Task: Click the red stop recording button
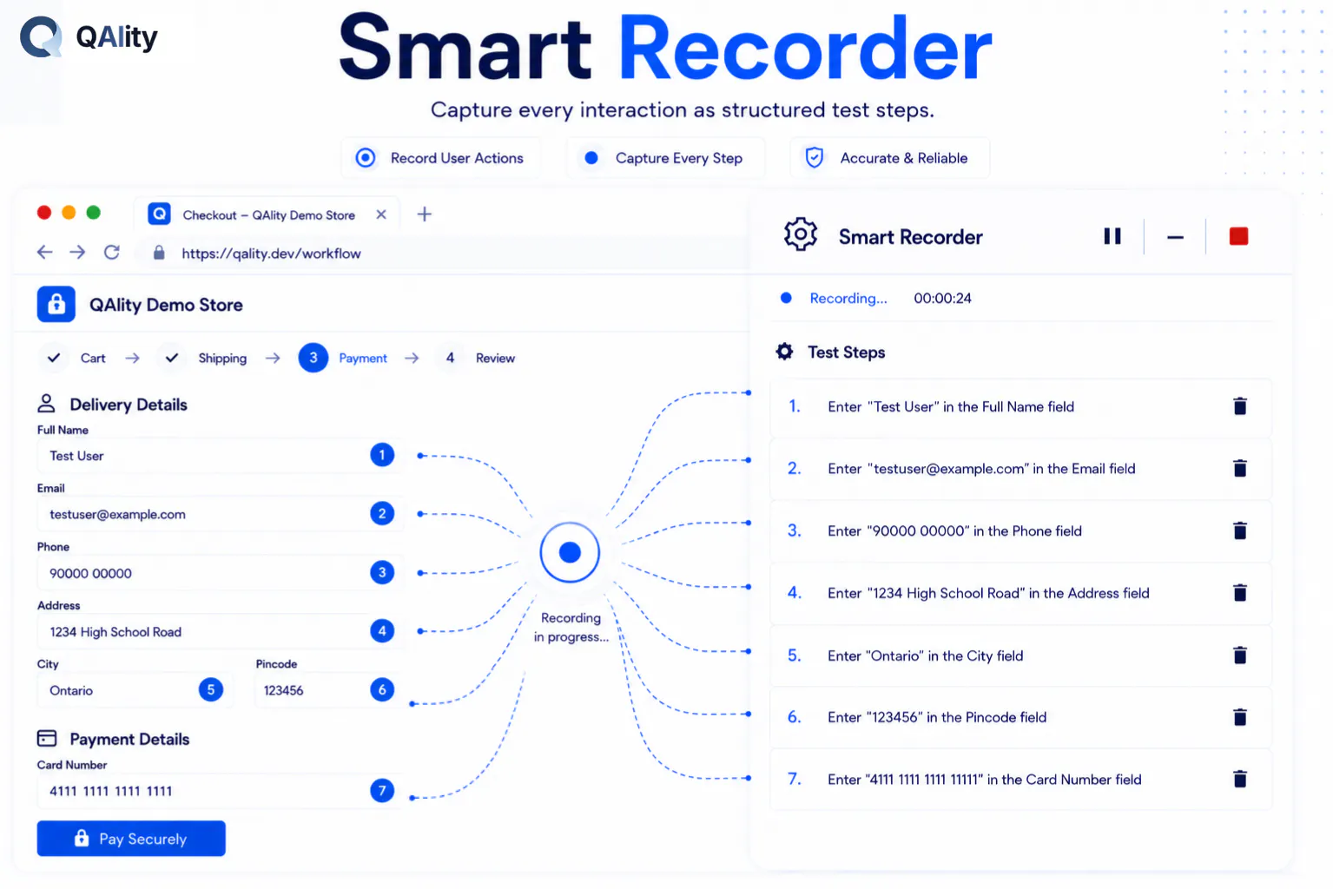click(x=1238, y=236)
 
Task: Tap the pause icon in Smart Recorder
click(x=1112, y=236)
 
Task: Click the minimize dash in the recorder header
click(x=1175, y=237)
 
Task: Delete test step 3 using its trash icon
click(x=1239, y=530)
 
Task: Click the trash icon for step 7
click(x=1239, y=779)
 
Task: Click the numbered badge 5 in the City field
click(x=211, y=689)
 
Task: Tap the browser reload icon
click(x=112, y=253)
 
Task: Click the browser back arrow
click(x=44, y=253)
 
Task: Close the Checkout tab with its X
click(x=381, y=214)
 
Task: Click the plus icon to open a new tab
click(x=425, y=214)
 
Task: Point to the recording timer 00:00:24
click(x=942, y=298)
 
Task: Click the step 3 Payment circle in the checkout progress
click(x=313, y=358)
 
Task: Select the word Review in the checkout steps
click(x=495, y=359)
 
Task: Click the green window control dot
click(x=94, y=213)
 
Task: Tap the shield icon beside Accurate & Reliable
click(x=814, y=158)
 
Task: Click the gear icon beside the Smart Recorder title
click(x=801, y=234)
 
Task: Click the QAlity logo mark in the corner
click(x=41, y=36)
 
